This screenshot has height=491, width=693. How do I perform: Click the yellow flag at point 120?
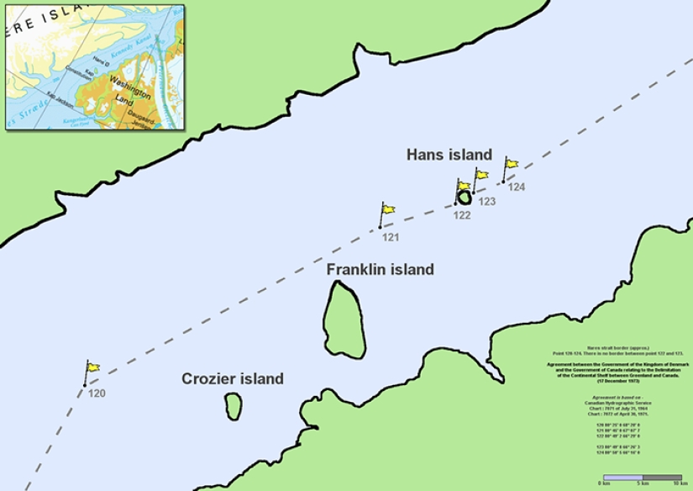pyautogui.click(x=93, y=367)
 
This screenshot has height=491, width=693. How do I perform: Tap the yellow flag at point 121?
pyautogui.click(x=388, y=209)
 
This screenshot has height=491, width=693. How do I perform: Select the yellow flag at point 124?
pyautogui.click(x=512, y=164)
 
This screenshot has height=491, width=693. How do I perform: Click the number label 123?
pyautogui.click(x=486, y=202)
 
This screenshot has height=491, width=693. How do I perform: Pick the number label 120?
pyautogui.click(x=97, y=393)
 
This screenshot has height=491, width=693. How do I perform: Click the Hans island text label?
pyautogui.click(x=449, y=155)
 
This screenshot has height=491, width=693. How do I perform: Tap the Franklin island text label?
pyautogui.click(x=380, y=270)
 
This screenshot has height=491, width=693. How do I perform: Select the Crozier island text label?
pyautogui.click(x=233, y=379)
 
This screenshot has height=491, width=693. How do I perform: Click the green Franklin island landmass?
pyautogui.click(x=344, y=319)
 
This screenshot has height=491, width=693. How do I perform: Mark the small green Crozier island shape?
pyautogui.click(x=233, y=406)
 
